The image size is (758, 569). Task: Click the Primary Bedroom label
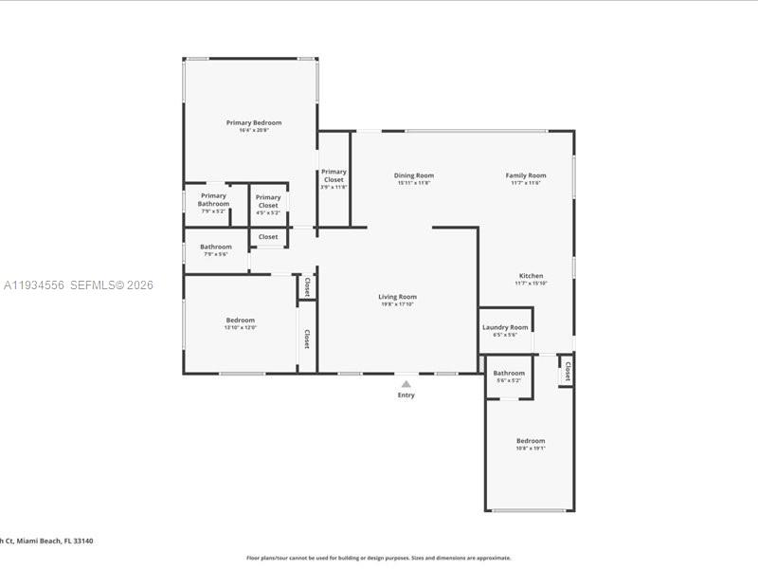253,122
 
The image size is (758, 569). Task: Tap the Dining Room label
414,175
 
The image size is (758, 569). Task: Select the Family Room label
525,175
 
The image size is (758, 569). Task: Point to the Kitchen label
531,276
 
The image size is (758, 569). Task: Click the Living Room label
398,297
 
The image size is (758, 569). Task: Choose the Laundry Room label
505,327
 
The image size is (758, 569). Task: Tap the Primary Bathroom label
213,199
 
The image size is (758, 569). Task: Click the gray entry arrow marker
406,384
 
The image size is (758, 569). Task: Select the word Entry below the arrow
406,395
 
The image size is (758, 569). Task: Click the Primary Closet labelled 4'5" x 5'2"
268,201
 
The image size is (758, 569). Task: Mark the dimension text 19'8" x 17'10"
398,304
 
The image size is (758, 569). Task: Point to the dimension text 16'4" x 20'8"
253,130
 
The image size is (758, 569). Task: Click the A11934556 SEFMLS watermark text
78,285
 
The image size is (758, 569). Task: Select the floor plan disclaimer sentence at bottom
378,558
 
